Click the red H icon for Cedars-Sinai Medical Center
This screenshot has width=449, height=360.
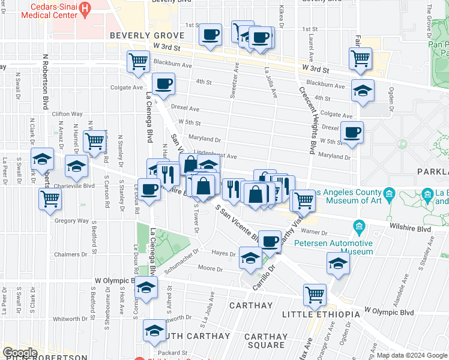85,8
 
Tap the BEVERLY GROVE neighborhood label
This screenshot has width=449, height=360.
142,36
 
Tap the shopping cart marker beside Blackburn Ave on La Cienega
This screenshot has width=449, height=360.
138,61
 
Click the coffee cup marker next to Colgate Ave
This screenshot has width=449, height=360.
163,85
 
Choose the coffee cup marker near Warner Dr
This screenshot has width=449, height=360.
270,241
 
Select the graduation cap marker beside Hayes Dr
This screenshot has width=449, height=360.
250,258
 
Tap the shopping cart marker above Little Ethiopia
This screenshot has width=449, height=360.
315,295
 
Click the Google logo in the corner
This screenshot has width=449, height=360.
20,352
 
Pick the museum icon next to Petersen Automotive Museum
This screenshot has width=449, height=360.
360,226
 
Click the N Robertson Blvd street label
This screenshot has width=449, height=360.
45,84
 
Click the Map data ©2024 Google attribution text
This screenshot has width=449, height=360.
412,355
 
